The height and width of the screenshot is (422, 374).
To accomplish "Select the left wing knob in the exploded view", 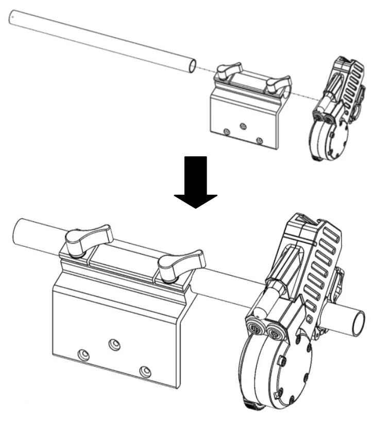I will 227,71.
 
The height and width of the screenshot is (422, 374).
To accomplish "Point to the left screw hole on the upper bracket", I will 227,132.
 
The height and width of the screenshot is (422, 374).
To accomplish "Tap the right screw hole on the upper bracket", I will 260,139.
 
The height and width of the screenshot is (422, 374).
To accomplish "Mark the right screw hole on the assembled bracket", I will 147,370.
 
